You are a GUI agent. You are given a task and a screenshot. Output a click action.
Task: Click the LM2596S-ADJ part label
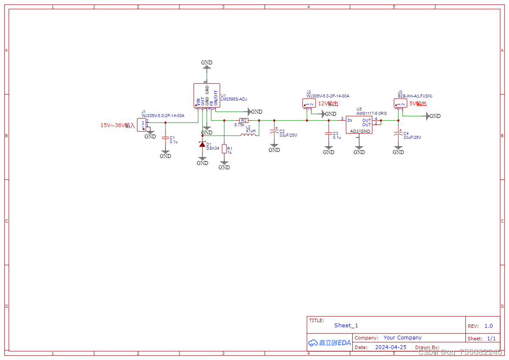(234, 99)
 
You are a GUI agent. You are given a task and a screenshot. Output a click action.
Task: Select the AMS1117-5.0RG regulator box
(359, 124)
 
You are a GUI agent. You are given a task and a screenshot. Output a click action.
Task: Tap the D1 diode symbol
(202, 144)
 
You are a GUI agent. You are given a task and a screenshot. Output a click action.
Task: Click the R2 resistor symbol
(244, 120)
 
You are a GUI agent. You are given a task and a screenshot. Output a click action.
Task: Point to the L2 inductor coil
(248, 135)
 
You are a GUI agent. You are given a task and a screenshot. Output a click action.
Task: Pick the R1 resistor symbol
(224, 149)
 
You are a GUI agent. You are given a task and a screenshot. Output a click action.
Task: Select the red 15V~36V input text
(118, 125)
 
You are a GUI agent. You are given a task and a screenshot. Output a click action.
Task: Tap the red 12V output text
(328, 104)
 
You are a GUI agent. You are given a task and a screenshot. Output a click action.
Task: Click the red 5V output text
(418, 104)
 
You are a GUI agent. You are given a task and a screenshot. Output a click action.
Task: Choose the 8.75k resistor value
(239, 125)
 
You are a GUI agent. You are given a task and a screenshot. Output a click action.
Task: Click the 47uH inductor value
(250, 131)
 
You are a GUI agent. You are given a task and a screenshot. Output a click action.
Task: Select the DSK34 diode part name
(213, 148)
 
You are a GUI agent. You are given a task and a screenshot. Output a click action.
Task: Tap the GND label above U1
(207, 63)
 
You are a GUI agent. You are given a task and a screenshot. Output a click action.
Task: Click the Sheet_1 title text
(346, 326)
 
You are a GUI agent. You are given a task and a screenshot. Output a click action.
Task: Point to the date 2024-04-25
(391, 347)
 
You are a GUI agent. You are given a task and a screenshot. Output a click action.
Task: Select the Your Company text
(402, 338)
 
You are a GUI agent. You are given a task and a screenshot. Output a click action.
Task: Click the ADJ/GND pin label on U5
(360, 131)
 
